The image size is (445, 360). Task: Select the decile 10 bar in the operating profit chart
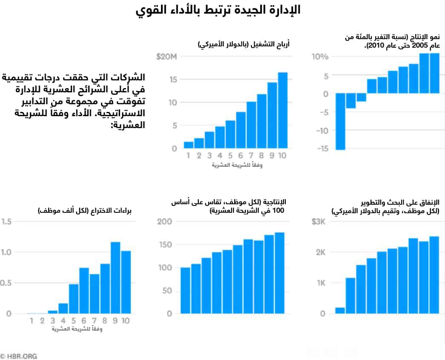(x=282, y=110)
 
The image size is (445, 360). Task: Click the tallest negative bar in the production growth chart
(x=340, y=121)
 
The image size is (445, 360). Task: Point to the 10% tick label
(x=320, y=57)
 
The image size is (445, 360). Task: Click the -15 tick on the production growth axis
(x=322, y=149)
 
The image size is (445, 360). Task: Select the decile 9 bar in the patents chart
(x=115, y=277)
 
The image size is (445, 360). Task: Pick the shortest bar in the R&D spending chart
(x=340, y=310)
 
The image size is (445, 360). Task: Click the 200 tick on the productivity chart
(x=164, y=221)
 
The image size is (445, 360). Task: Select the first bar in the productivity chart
(x=185, y=290)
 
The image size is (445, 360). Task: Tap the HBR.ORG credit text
(x=19, y=356)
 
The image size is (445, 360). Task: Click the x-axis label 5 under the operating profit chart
(x=230, y=156)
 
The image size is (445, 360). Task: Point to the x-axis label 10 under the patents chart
(x=125, y=320)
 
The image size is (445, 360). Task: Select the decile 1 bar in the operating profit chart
(x=189, y=145)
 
